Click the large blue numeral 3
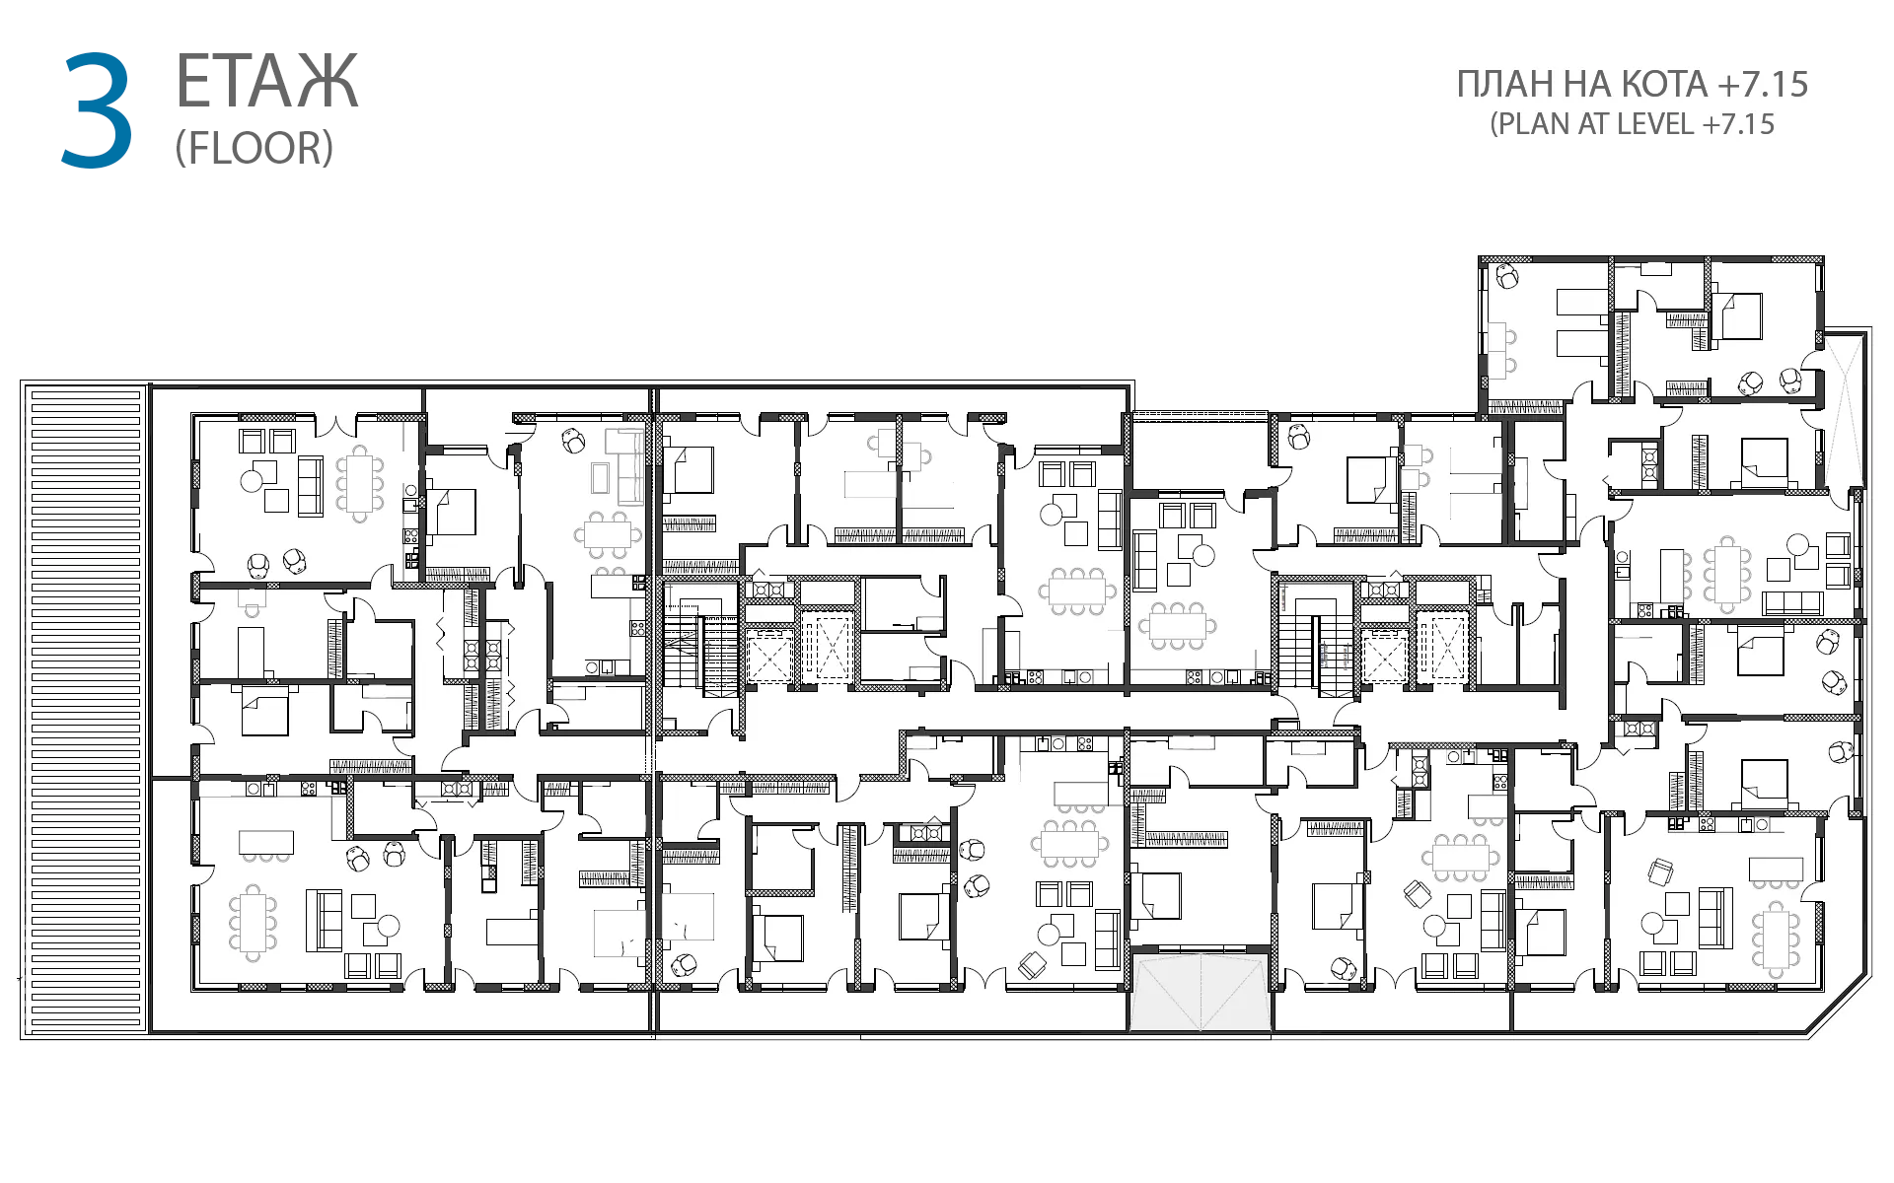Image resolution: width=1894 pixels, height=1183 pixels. [97, 110]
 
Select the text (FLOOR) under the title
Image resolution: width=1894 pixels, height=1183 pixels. [255, 148]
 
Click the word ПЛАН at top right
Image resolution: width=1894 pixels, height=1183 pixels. [1506, 85]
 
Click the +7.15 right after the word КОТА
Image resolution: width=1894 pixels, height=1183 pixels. [1763, 85]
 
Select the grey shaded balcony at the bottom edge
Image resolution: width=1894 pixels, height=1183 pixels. [1200, 991]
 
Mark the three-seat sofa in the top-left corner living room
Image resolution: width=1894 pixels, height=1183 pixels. [310, 485]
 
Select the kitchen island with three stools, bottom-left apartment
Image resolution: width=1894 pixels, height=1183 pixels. [266, 846]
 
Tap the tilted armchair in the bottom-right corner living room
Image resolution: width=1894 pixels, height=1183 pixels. [1661, 871]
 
